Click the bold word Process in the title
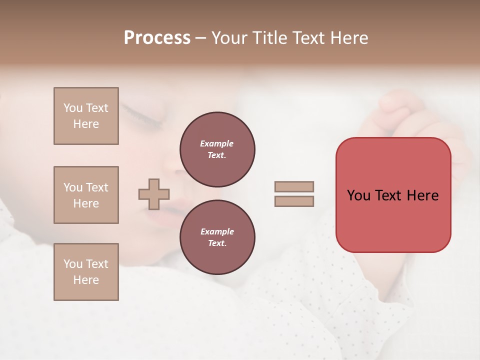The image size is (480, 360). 157,37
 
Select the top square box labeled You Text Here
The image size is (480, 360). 86,116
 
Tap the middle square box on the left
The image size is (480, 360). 86,195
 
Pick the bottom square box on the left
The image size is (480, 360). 86,272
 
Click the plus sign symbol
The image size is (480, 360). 154,194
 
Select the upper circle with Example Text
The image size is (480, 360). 217,149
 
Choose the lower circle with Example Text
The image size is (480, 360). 217,237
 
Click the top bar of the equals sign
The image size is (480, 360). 294,186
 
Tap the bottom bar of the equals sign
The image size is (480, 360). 294,201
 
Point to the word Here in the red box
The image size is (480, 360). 422,195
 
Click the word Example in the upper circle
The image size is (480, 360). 217,143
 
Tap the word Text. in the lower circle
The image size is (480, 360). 217,243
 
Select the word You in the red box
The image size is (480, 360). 358,195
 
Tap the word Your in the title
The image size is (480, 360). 229,37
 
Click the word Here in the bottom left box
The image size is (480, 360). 86,280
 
